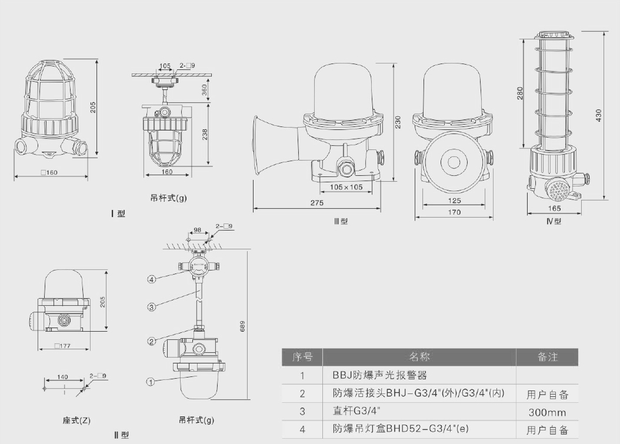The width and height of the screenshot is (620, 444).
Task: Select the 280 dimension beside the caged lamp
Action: (520, 94)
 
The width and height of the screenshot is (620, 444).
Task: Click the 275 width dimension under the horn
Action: (317, 203)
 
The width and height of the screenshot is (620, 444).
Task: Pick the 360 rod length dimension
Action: (204, 89)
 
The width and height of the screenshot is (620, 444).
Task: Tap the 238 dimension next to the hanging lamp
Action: (204, 135)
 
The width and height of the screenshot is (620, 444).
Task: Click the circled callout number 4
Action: (151, 279)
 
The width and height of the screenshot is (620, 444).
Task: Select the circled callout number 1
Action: (151, 381)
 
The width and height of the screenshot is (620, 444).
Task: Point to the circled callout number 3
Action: (151, 306)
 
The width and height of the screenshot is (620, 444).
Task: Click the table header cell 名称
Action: (419, 357)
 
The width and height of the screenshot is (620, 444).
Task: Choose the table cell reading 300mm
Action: (547, 412)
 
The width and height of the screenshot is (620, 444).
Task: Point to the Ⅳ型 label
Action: (554, 221)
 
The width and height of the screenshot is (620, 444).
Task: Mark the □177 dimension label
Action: (62, 346)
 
